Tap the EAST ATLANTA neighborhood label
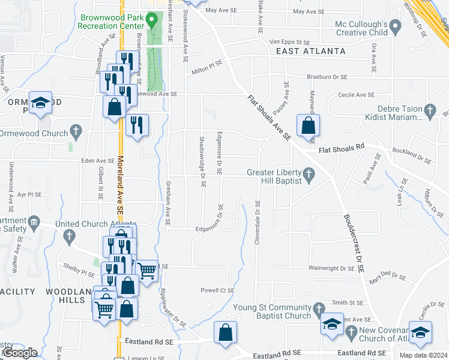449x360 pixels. pyautogui.click(x=311, y=52)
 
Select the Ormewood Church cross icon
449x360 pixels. pyautogui.click(x=75, y=130)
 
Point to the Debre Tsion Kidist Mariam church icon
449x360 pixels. pyautogui.click(x=429, y=110)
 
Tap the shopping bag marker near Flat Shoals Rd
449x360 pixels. pyautogui.click(x=308, y=127)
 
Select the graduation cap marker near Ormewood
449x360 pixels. pyautogui.click(x=40, y=104)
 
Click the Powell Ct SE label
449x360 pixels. pyautogui.click(x=217, y=290)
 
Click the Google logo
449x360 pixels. pyautogui.click(x=19, y=353)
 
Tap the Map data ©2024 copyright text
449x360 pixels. pyautogui.click(x=423, y=355)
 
